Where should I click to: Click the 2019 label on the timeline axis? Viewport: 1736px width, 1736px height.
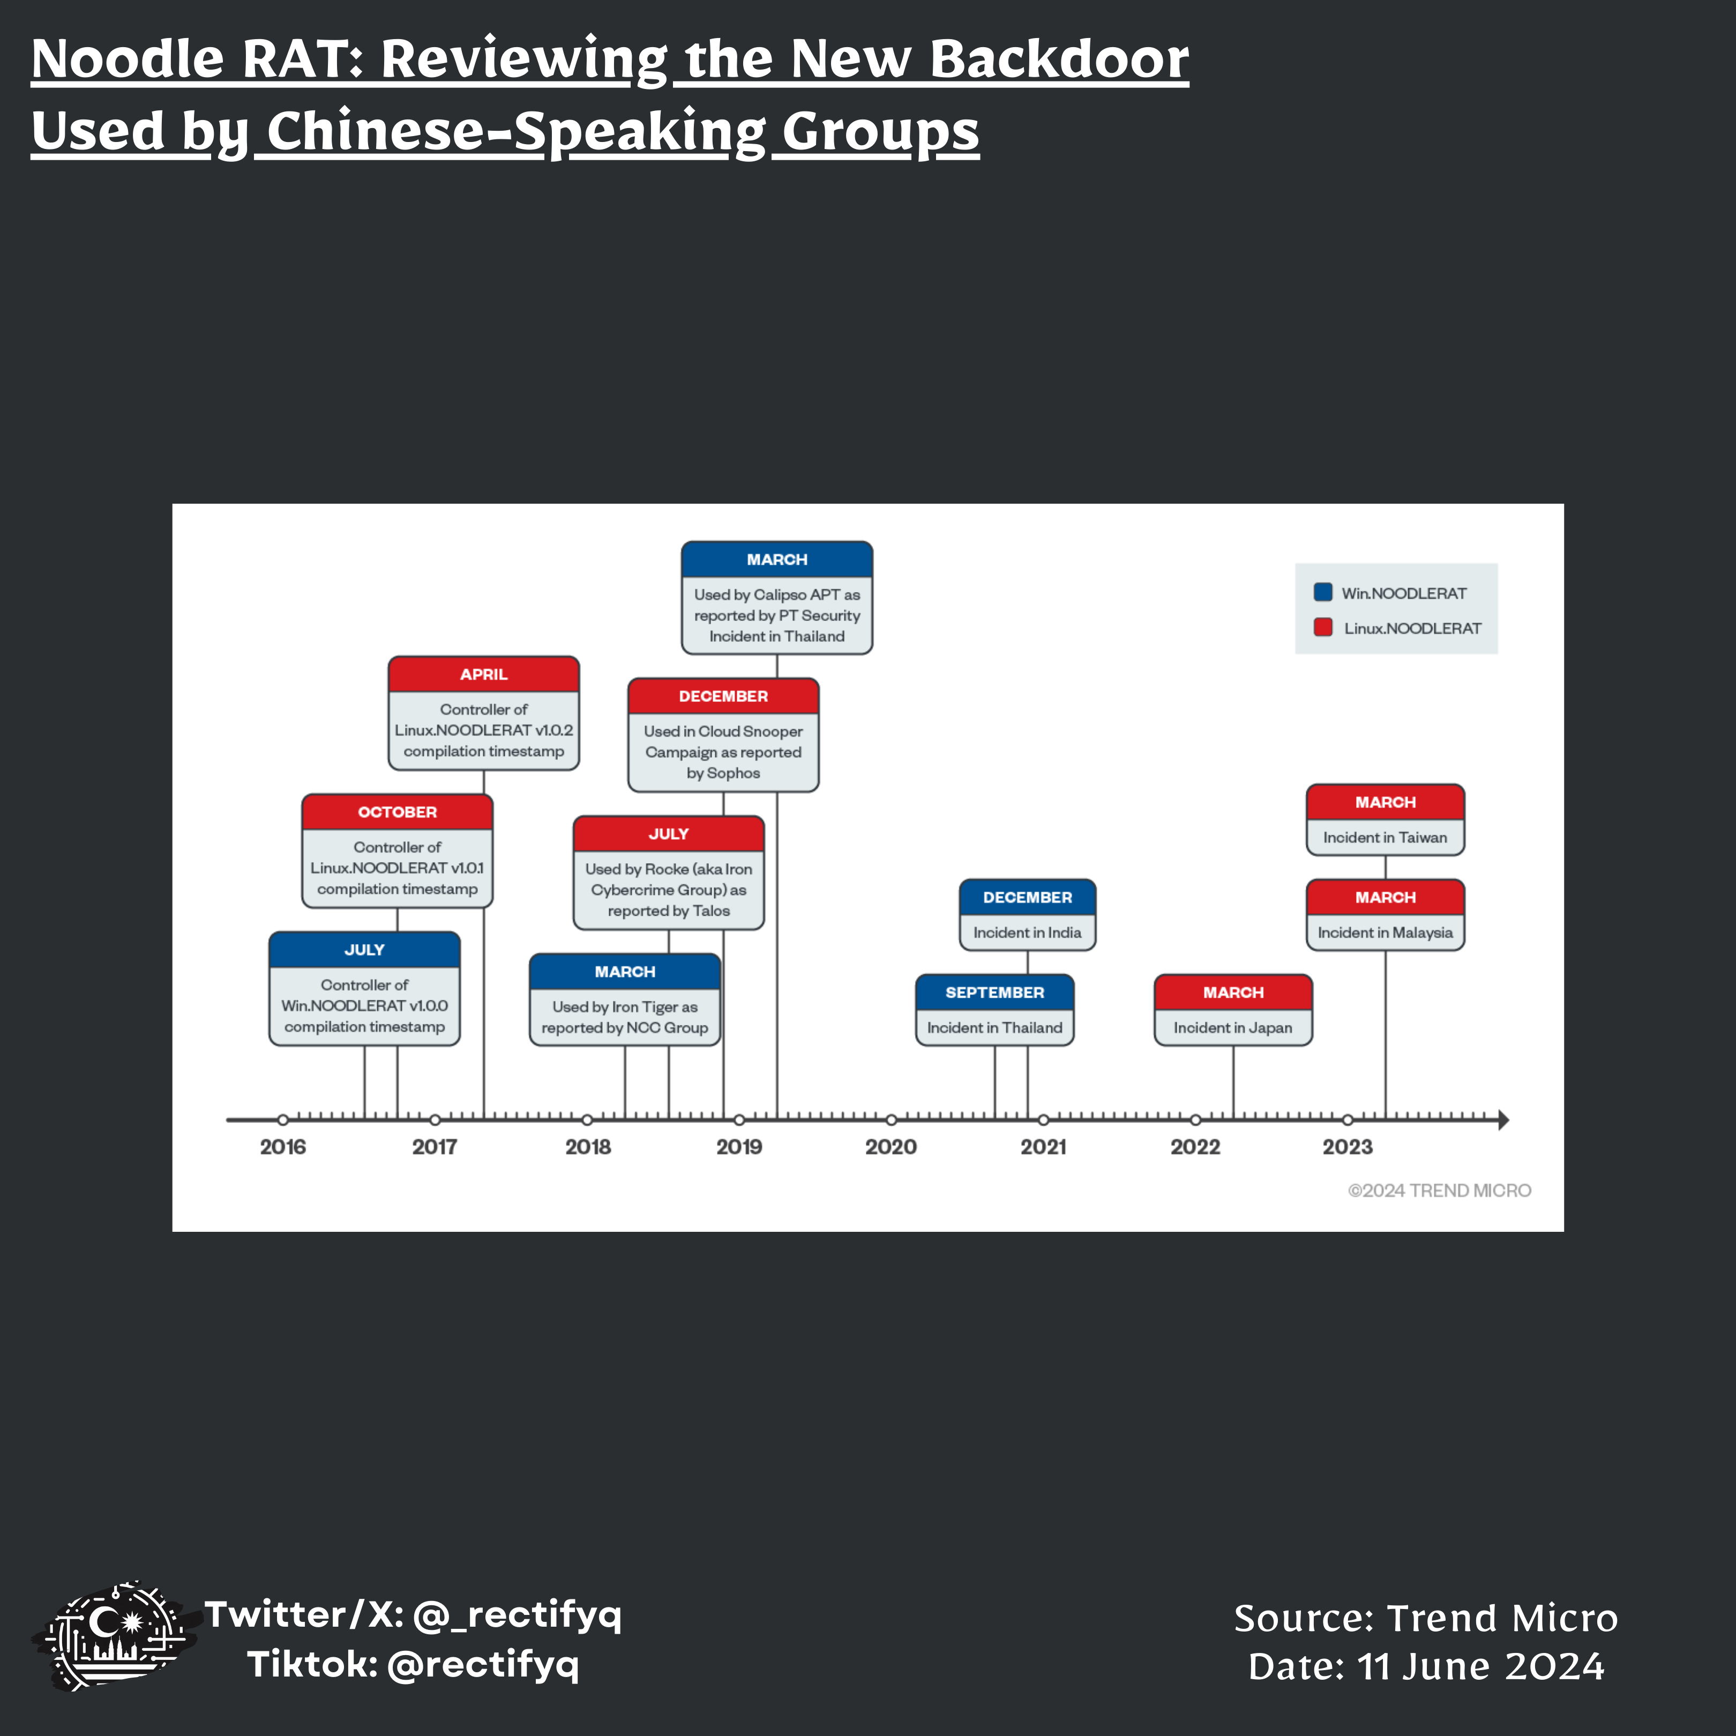tap(739, 1147)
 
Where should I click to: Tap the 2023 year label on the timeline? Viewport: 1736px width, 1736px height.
tap(1347, 1147)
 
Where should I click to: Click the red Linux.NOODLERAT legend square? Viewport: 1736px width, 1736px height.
tap(1323, 627)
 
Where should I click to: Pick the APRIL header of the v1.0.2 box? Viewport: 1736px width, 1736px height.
tap(483, 674)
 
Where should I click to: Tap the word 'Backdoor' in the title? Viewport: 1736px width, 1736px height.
tap(1059, 59)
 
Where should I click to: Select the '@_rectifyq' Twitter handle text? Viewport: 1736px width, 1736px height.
tap(517, 1615)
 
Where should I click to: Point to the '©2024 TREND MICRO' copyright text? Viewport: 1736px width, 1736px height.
tap(1439, 1191)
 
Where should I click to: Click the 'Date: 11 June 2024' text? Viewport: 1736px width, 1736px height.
tap(1426, 1667)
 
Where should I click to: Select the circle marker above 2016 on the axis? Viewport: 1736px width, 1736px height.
tap(283, 1120)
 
